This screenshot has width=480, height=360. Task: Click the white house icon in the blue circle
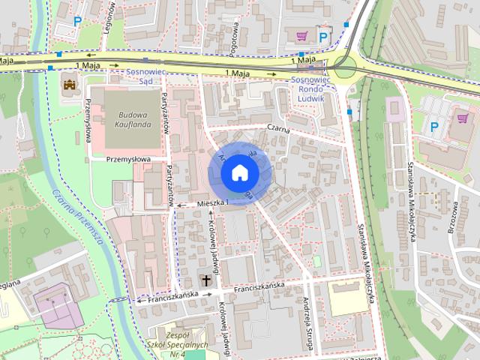click(x=238, y=173)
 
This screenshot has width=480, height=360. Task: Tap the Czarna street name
click(x=279, y=127)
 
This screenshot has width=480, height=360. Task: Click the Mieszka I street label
click(x=211, y=202)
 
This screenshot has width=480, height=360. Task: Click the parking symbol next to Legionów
click(x=77, y=23)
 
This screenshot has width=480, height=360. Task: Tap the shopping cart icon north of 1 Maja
click(x=302, y=34)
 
